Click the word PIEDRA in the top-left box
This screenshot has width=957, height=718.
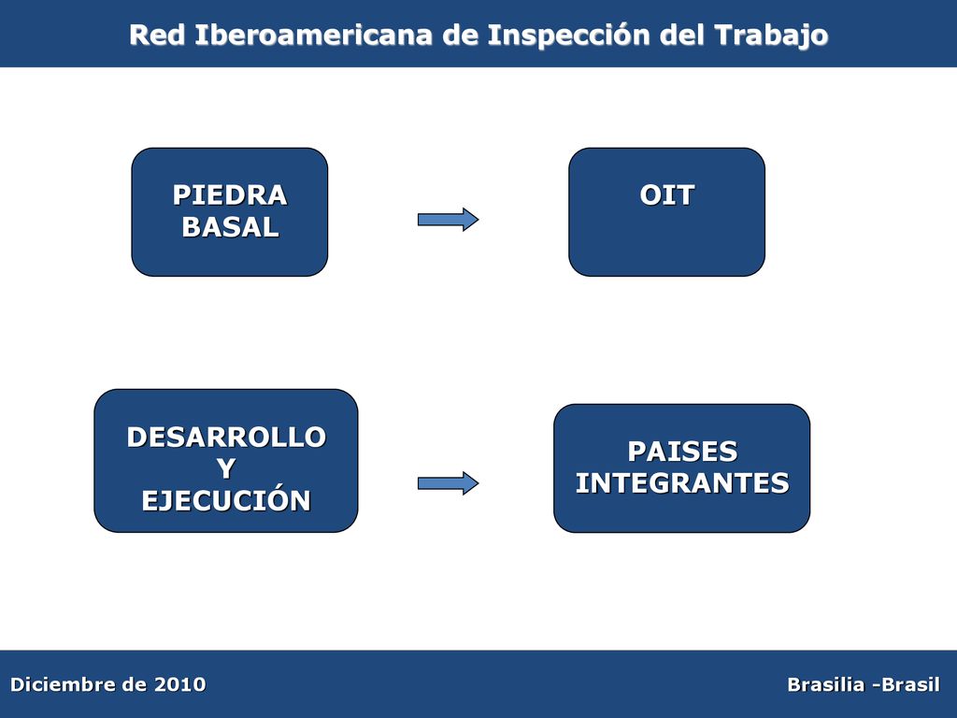pyautogui.click(x=230, y=195)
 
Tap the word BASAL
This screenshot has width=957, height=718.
pyautogui.click(x=230, y=227)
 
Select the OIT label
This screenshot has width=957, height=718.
pyautogui.click(x=666, y=195)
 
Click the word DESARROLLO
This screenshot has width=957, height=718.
pyautogui.click(x=226, y=438)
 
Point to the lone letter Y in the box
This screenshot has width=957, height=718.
pyautogui.click(x=226, y=469)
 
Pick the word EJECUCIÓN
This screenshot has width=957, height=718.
pyautogui.click(x=226, y=500)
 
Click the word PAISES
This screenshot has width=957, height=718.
pyautogui.click(x=682, y=452)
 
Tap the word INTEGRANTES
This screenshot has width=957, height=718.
pyautogui.click(x=682, y=483)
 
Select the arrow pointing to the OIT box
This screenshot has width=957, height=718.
pyautogui.click(x=448, y=219)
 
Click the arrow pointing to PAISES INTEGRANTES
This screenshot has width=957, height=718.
pyautogui.click(x=448, y=483)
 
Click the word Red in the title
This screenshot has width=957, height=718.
pyautogui.click(x=157, y=35)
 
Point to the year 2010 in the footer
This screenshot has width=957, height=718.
pyautogui.click(x=179, y=684)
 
